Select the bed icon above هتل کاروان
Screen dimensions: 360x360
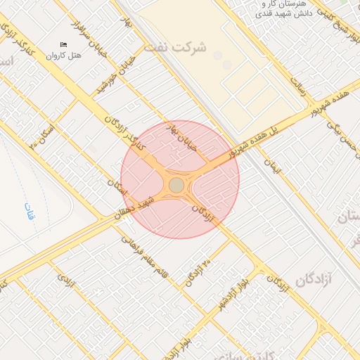click(63, 44)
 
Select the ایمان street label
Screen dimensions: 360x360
click(271, 166)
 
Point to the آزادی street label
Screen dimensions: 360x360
click(65, 281)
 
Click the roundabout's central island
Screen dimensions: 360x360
click(176, 184)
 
